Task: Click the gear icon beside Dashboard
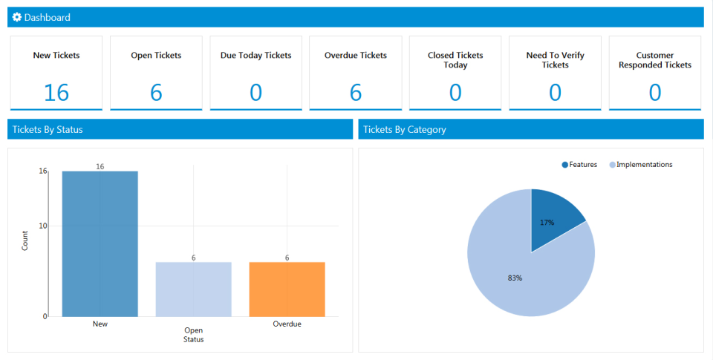tap(17, 17)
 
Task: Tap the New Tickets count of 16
tap(56, 92)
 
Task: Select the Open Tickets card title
tap(156, 55)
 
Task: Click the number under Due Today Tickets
tap(255, 92)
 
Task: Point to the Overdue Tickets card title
tap(356, 55)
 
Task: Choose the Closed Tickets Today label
tap(455, 60)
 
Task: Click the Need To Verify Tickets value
tap(555, 92)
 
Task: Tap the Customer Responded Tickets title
tap(655, 60)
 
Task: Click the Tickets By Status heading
tap(46, 129)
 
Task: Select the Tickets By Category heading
tap(405, 129)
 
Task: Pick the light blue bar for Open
tap(193, 289)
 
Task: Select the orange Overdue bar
tap(287, 289)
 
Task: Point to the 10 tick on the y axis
tap(43, 226)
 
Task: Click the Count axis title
tap(25, 240)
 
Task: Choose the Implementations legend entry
tap(644, 165)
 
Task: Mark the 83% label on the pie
tap(515, 278)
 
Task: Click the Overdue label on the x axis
tap(287, 324)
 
